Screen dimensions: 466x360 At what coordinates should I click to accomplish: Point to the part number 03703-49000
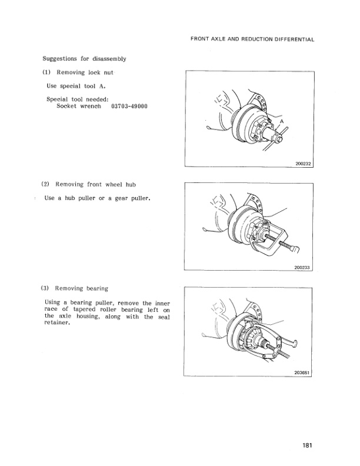(x=129, y=106)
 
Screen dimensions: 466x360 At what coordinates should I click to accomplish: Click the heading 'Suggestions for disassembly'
(x=85, y=59)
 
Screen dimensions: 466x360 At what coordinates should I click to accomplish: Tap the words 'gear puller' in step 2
(x=132, y=198)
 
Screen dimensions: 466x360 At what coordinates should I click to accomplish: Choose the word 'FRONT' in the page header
(x=202, y=39)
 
